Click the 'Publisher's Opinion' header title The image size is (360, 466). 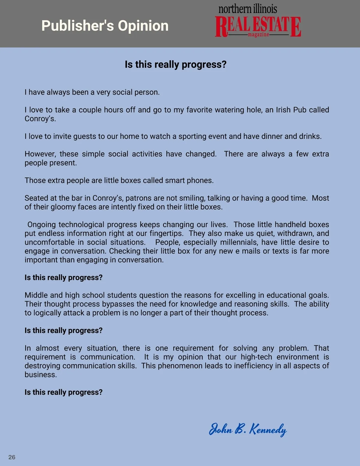coord(105,26)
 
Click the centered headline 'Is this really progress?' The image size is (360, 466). coord(175,65)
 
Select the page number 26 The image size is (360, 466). coord(12,457)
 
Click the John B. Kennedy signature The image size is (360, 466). coord(248,429)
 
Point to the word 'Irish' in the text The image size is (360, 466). coord(283,110)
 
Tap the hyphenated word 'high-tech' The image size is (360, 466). coord(256,357)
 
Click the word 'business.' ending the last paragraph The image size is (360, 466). coord(41,375)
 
